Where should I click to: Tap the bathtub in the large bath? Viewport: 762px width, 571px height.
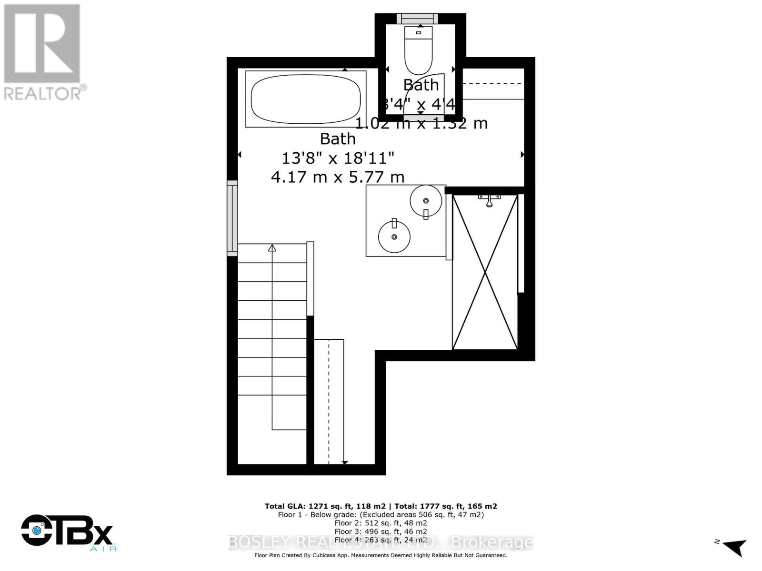coord(306,99)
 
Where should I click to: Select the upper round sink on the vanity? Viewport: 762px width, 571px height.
coord(426,201)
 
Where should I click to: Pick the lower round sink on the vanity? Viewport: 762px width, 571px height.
coord(394,236)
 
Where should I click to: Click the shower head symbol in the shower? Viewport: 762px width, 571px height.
coord(489,200)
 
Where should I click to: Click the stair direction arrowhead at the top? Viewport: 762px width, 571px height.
coord(272,248)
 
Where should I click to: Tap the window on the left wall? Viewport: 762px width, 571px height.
coord(232,218)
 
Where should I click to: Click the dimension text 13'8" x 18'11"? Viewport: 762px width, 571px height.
coord(338,157)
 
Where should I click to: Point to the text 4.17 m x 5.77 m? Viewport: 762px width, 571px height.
coord(338,177)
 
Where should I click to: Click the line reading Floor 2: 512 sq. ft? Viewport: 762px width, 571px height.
coord(381,523)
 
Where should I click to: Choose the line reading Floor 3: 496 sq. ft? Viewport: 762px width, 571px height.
coord(381,532)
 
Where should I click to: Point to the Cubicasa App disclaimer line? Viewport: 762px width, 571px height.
coord(381,555)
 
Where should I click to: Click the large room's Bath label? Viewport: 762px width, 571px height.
coord(338,139)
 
